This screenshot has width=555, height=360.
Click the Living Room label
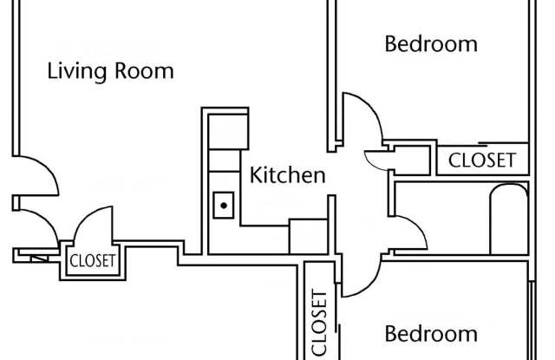click(x=110, y=72)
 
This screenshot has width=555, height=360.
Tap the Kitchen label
click(x=287, y=175)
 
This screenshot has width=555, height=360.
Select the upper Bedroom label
click(x=431, y=44)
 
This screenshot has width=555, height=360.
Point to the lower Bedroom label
click(x=431, y=334)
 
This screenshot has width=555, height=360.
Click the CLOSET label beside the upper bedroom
click(x=482, y=160)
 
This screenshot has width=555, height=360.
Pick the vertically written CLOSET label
click(x=319, y=323)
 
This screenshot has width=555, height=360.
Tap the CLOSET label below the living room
click(x=93, y=261)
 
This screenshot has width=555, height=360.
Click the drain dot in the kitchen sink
click(x=224, y=206)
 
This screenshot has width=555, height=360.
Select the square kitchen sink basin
click(x=224, y=206)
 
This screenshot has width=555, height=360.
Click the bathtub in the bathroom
click(x=509, y=219)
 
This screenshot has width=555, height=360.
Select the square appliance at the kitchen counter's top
click(x=228, y=131)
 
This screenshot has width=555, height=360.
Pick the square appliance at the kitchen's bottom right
click(x=309, y=236)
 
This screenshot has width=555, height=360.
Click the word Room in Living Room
click(x=144, y=71)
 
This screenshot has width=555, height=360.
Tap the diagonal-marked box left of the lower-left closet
click(x=39, y=259)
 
